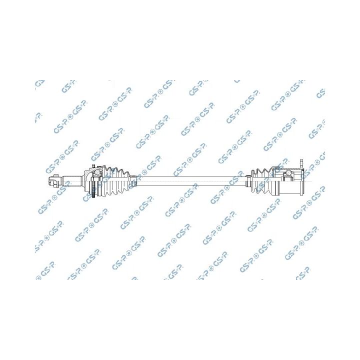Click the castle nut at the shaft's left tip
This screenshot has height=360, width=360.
(53, 181)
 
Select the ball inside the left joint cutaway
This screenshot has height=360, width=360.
(97, 172)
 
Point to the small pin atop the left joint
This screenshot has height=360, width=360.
(92, 166)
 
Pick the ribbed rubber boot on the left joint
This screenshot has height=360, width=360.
(116, 181)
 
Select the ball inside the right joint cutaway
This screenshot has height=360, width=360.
(287, 172)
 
